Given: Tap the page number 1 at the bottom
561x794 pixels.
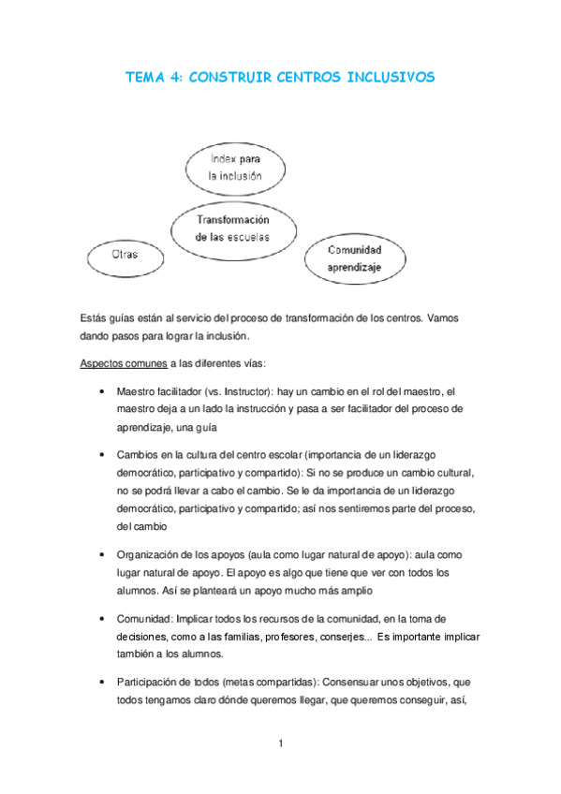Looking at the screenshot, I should tap(280, 744).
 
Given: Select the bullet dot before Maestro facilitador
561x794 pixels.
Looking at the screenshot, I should tap(100, 391).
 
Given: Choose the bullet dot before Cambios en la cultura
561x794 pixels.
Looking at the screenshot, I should tap(100, 454).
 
